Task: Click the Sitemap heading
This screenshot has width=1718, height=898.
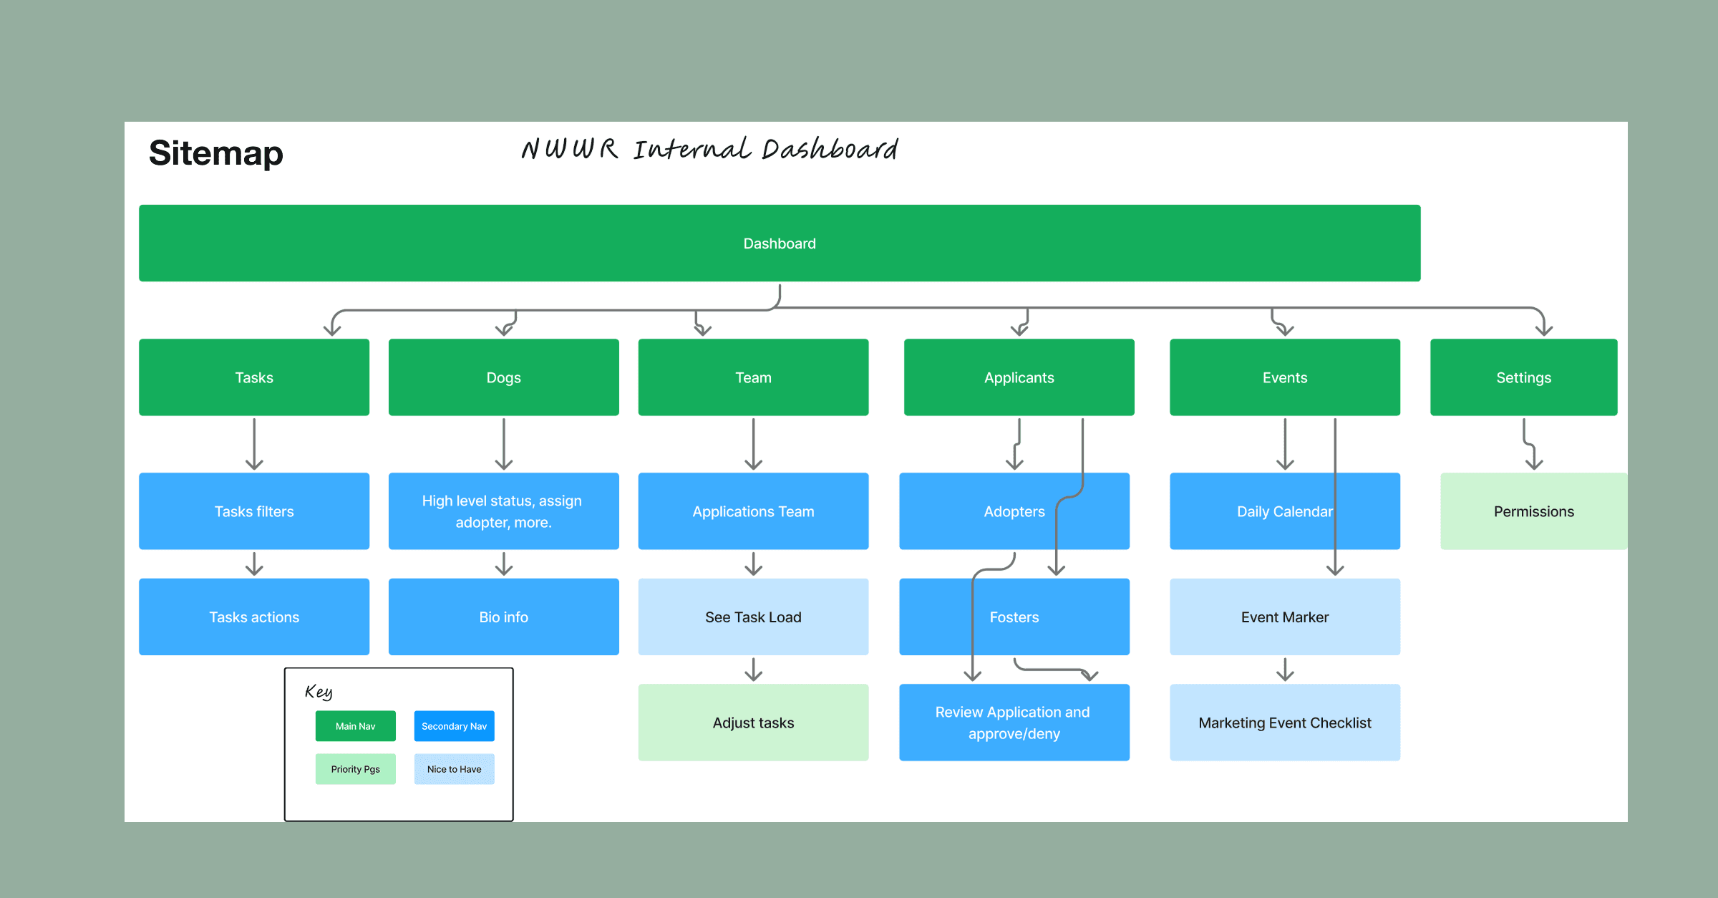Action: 215,153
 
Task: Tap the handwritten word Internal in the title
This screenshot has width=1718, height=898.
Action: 692,148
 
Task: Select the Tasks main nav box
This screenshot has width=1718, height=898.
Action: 254,377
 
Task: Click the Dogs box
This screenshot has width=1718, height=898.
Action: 504,377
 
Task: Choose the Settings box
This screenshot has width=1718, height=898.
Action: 1524,377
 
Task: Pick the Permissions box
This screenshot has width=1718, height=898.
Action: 1534,511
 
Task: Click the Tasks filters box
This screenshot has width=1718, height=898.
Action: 254,511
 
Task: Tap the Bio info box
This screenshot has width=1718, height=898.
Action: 504,617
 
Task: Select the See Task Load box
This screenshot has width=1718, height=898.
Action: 754,617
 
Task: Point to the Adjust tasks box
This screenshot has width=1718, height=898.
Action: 754,723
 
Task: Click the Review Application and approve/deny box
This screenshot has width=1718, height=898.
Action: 1014,723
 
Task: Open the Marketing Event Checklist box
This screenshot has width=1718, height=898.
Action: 1285,723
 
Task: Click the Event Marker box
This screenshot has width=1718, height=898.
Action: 1285,617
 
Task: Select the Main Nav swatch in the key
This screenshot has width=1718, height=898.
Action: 356,726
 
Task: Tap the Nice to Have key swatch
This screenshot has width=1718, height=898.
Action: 455,769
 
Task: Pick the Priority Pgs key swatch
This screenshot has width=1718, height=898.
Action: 356,769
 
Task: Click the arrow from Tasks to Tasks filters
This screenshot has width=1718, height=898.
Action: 254,444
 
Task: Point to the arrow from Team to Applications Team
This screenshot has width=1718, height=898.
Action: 754,444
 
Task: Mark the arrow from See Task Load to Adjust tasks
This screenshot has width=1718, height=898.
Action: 754,670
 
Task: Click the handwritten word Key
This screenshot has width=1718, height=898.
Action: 319,692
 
